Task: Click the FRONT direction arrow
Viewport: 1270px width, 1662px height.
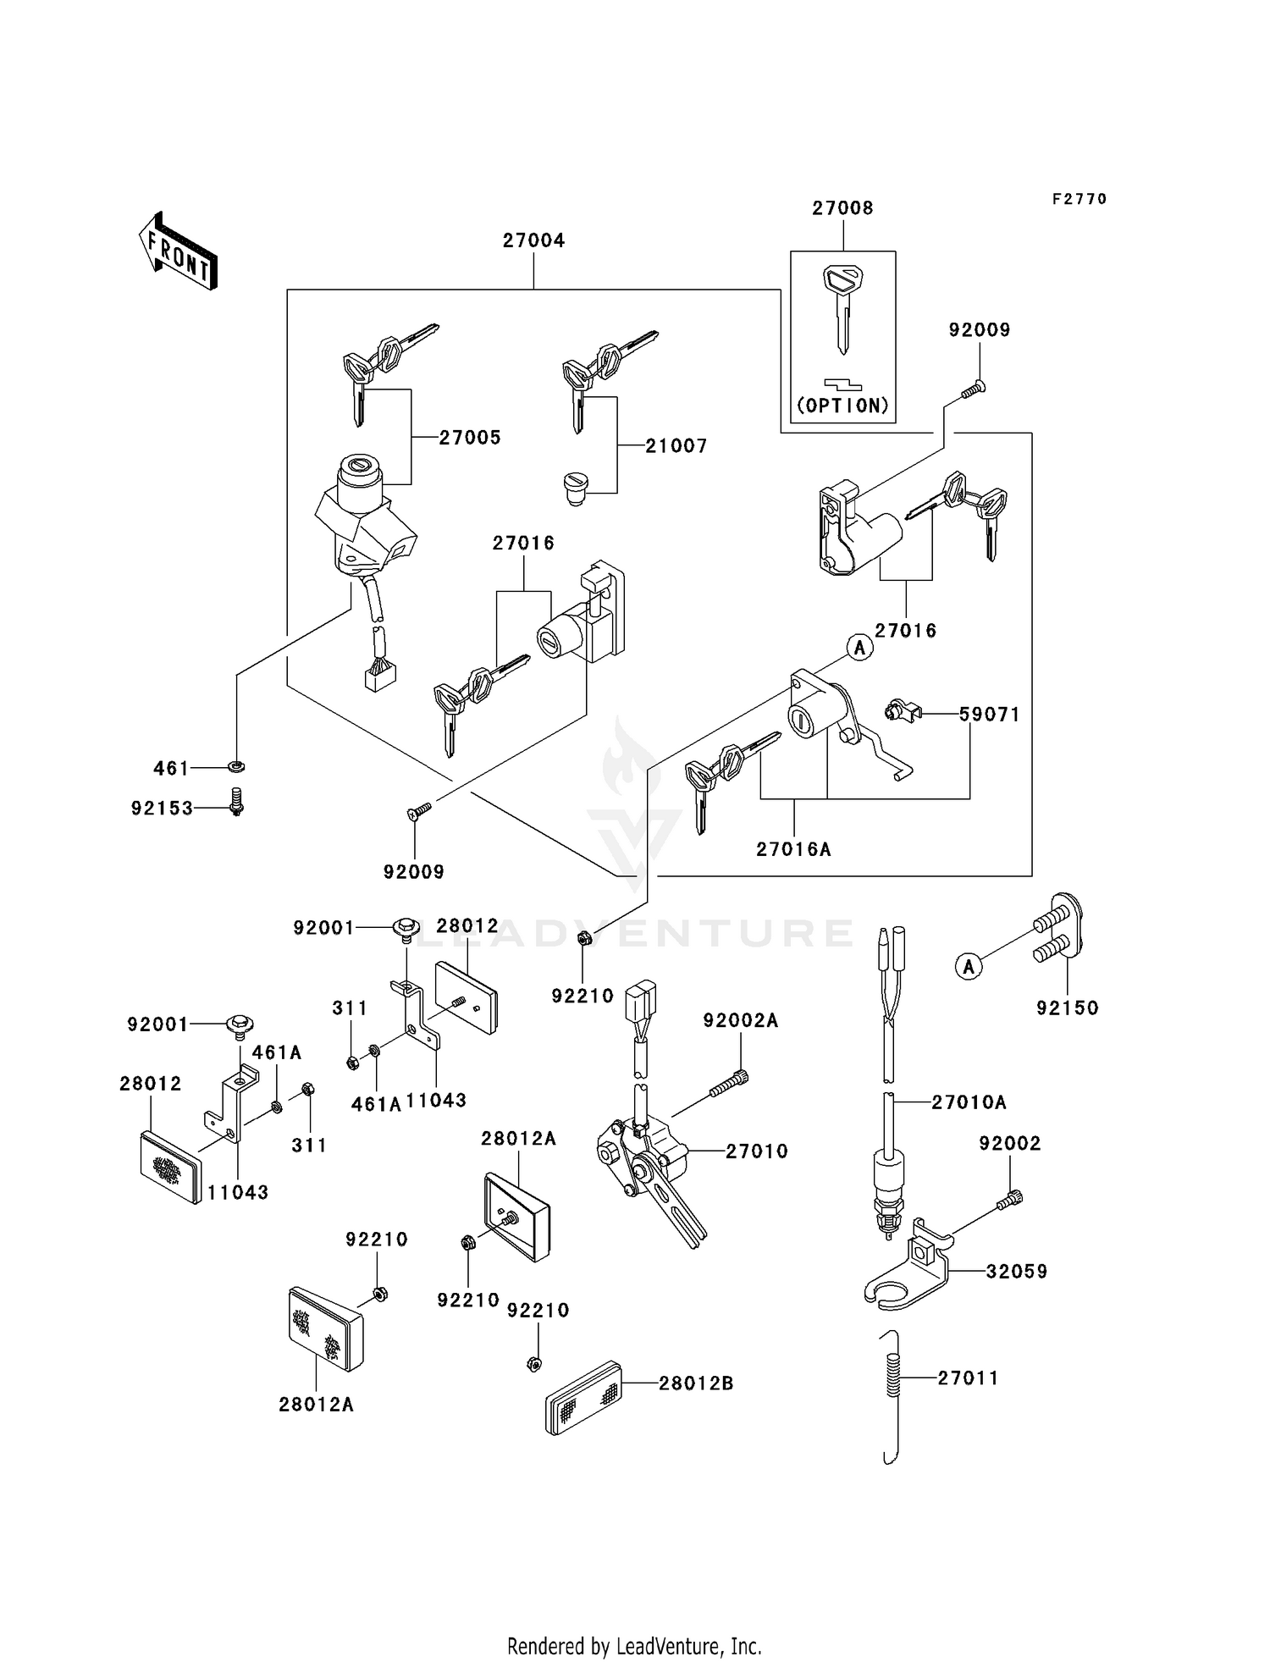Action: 179,251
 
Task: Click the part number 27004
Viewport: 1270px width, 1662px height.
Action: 533,240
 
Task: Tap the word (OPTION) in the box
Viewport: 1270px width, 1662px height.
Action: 842,406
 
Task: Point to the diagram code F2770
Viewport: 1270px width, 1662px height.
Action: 1079,199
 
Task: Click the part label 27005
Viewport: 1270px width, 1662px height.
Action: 470,438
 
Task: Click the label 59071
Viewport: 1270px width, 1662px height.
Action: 990,715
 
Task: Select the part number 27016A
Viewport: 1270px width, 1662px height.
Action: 793,849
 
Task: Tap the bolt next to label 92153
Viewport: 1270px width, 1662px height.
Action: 237,801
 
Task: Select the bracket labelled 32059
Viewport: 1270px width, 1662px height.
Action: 910,1273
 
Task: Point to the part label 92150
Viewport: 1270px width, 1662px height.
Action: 1067,1008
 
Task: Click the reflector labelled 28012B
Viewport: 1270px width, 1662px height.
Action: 584,1383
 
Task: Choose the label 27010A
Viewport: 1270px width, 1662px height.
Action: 969,1102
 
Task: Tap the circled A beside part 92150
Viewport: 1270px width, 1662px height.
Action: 969,966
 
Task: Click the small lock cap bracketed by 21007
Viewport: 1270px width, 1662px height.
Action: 577,489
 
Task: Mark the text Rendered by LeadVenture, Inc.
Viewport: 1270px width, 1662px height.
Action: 634,1646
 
